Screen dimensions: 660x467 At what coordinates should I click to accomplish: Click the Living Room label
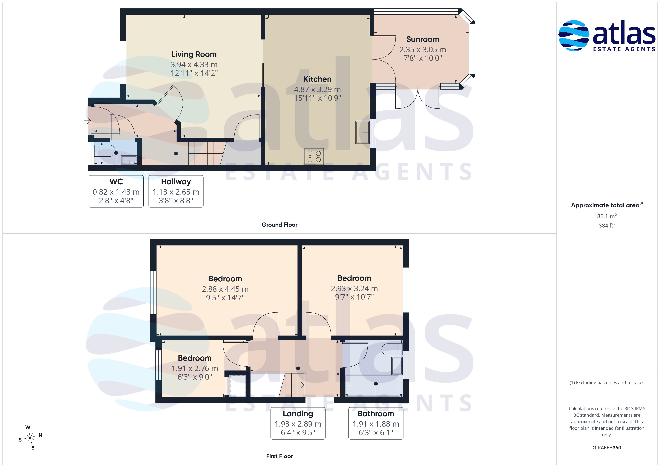click(x=194, y=54)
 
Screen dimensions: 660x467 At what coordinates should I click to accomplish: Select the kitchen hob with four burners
click(x=314, y=156)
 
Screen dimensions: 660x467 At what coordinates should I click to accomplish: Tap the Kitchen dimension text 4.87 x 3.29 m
click(x=317, y=89)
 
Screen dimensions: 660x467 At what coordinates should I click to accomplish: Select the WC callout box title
click(x=116, y=182)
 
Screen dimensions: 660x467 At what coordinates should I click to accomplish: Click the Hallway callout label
click(x=176, y=182)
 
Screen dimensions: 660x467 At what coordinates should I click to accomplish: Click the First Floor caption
click(x=279, y=456)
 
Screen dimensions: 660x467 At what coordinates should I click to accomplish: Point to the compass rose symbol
click(x=30, y=437)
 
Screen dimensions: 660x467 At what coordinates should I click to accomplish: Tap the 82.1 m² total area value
click(x=607, y=216)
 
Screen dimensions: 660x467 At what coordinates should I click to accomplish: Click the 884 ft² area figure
click(x=607, y=225)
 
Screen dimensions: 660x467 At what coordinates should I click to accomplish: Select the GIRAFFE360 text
click(x=607, y=447)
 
